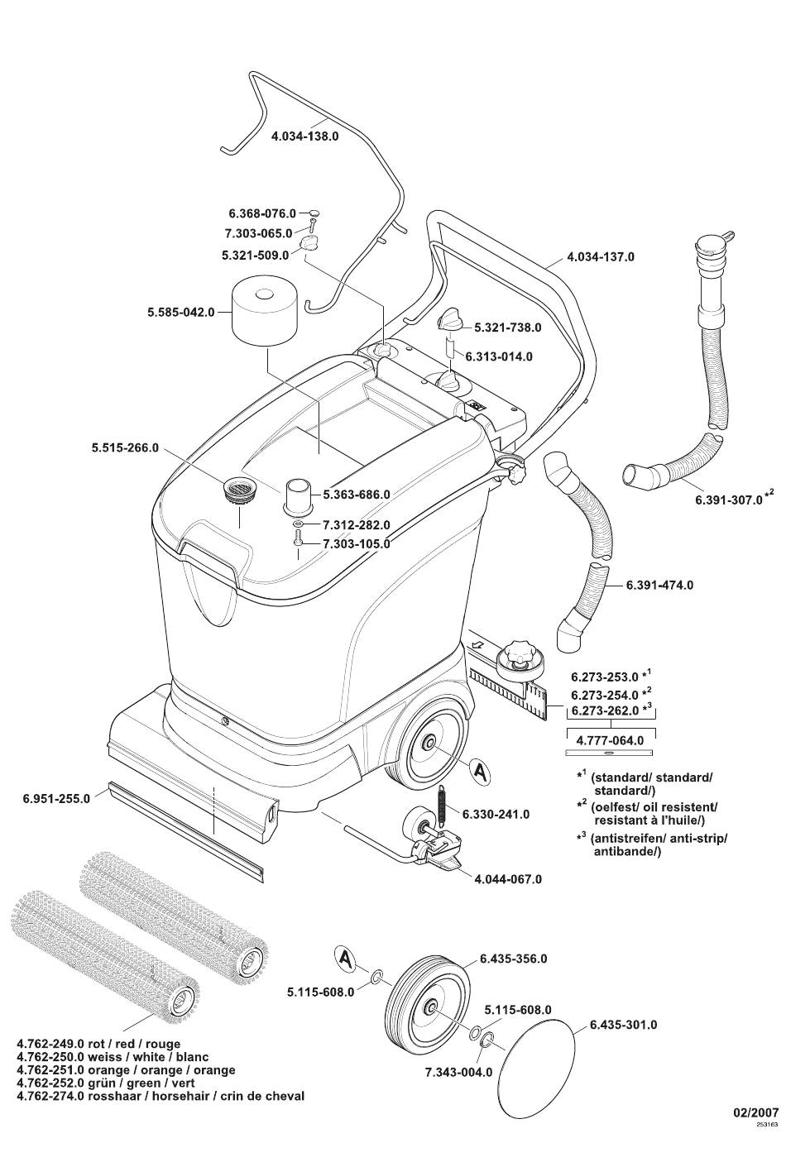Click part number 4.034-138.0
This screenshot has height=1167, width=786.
[x=304, y=136]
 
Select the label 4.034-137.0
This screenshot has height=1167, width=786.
[x=601, y=257]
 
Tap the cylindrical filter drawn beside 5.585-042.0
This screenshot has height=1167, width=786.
[x=264, y=313]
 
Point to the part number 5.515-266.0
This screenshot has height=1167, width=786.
[x=125, y=448]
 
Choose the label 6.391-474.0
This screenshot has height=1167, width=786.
[x=659, y=585]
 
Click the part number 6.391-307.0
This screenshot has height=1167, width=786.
[x=728, y=500]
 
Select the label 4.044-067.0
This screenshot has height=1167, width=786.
[x=508, y=879]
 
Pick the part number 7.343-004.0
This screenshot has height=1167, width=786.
[x=458, y=1072]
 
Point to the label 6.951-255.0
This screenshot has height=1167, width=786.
[x=56, y=800]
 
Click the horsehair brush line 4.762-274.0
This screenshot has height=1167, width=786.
[x=161, y=1096]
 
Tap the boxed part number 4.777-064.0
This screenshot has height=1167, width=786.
[x=610, y=740]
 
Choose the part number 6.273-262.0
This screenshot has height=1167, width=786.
[x=605, y=710]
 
